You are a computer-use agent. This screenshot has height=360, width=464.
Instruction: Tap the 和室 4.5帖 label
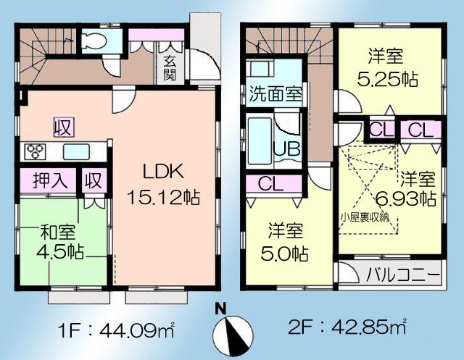pos(62,243)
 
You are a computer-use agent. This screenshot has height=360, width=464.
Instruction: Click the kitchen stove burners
pos(34,151)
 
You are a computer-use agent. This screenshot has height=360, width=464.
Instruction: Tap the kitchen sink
pos(76,151)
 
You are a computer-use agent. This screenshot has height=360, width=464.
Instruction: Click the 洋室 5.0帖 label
pos(285,243)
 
